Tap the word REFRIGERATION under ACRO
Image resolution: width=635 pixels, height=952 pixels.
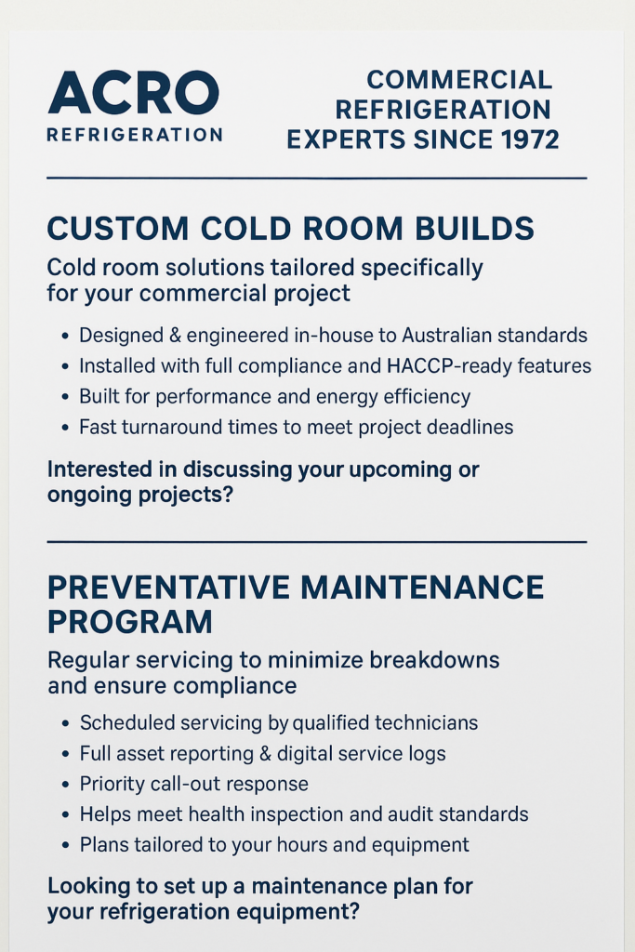(x=134, y=135)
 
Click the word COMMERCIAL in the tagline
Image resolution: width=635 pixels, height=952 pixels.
(x=459, y=80)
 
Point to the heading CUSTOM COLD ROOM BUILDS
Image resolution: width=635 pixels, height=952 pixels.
(x=290, y=229)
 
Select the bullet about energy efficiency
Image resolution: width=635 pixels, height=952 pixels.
(x=274, y=397)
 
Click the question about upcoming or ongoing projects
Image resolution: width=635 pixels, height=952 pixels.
(x=263, y=482)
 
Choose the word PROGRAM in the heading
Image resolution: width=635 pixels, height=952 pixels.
(x=130, y=621)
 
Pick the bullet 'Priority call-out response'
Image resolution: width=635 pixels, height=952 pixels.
(x=193, y=784)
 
